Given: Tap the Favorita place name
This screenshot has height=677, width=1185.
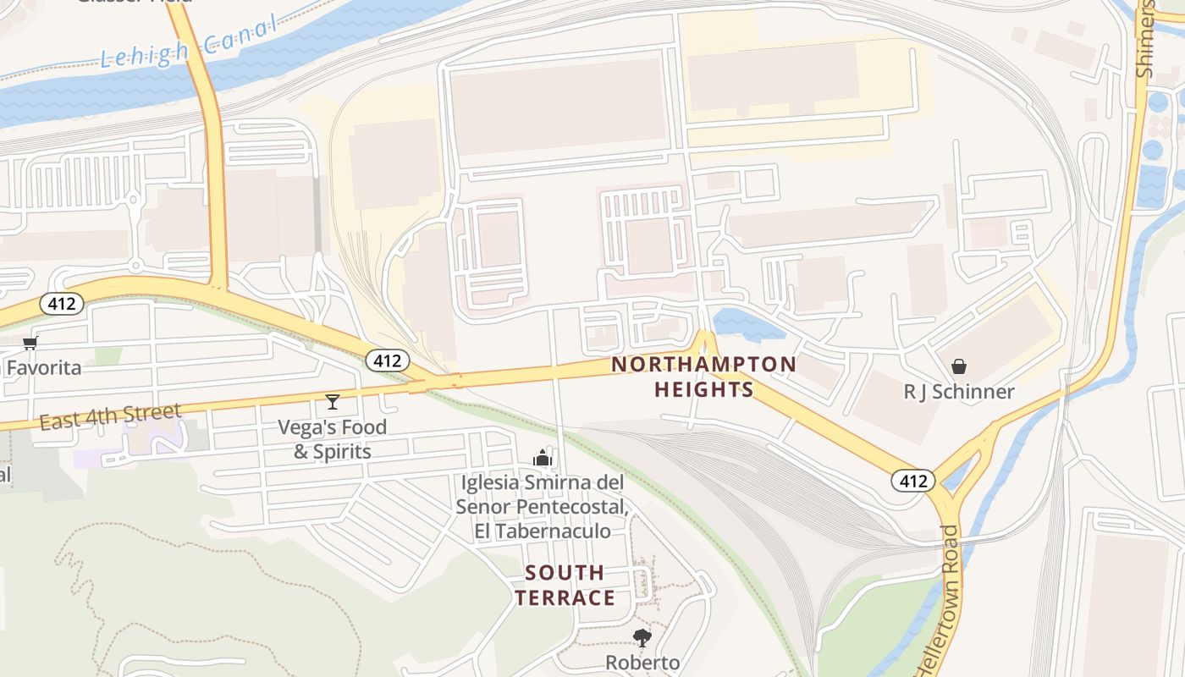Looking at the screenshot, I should pos(44,368).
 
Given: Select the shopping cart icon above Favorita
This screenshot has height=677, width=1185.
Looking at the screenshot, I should pos(30,343).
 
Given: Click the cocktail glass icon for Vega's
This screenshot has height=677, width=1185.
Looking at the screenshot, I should pos(333,401).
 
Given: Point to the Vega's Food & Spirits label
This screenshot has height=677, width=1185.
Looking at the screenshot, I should pos(333,439).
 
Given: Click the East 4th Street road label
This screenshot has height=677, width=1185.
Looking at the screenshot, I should pos(110,417).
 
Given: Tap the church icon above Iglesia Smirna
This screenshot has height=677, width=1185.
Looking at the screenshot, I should pos(543,459).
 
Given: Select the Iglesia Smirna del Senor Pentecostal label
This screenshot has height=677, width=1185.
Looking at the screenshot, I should pos(542,507).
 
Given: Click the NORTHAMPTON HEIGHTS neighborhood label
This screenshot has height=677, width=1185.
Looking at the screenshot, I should pos(703,377).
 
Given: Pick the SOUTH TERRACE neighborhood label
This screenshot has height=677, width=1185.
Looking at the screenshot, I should pos(565,585).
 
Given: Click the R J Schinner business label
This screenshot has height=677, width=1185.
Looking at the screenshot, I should pos(959,392).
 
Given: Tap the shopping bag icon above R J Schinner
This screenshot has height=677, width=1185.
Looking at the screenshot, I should pos(959,366).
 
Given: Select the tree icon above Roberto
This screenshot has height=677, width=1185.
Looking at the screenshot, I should pos(642,637).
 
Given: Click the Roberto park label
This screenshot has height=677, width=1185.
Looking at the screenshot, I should pos(642,662).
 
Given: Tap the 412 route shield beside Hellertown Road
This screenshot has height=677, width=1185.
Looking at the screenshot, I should pos(912,482).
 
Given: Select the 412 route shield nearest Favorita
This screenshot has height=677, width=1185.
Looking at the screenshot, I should pos(62,304).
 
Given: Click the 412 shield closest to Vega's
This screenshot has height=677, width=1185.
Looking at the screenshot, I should pos(388,361).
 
